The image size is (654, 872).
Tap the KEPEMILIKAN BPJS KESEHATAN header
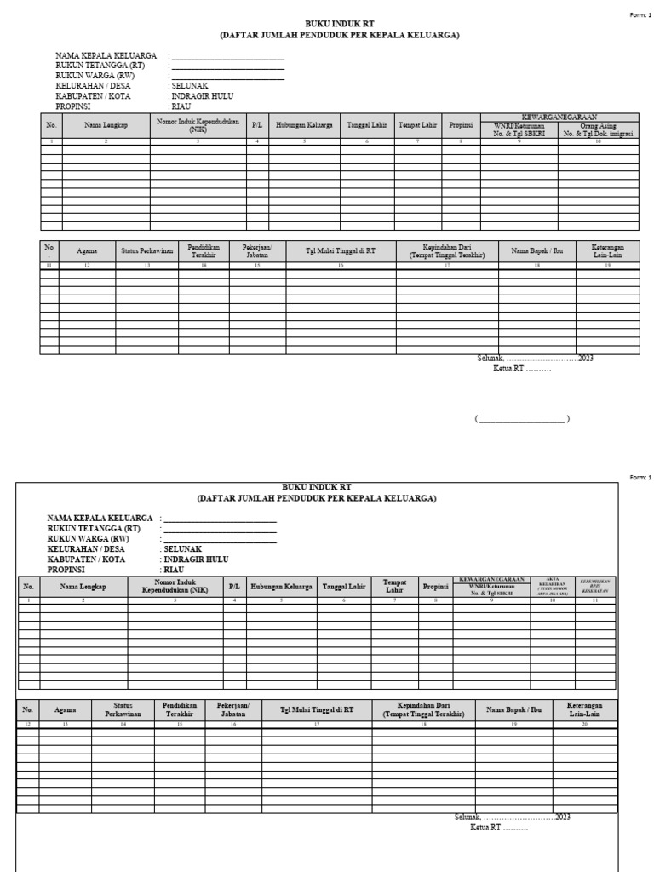point(595,587)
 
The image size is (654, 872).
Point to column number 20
point(584,724)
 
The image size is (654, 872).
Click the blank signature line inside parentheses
point(522,419)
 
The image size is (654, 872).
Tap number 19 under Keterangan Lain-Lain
point(607,267)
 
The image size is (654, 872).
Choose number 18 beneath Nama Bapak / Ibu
point(536,267)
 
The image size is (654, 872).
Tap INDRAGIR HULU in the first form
point(202,97)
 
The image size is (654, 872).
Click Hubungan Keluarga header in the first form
point(304,125)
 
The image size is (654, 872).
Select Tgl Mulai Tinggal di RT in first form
point(341,251)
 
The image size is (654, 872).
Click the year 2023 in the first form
point(586,359)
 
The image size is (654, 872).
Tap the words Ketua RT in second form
point(485,827)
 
